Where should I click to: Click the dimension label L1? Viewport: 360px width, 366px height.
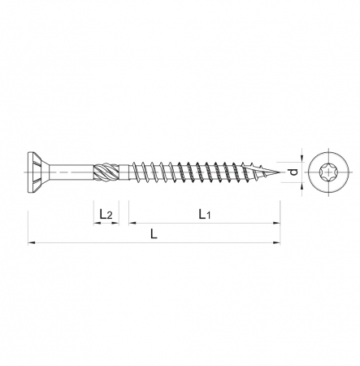tap(205, 214)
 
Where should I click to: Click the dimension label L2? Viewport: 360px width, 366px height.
tap(105, 214)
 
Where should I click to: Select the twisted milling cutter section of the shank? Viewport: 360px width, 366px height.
tap(106, 172)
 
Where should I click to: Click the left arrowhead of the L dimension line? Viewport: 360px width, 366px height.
tap(31, 242)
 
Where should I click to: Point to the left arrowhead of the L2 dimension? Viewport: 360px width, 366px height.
tap(94, 222)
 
